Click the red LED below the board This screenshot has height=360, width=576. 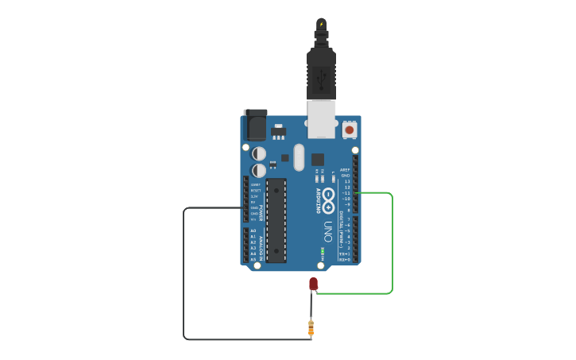point(313,284)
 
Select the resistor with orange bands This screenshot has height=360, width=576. point(311,327)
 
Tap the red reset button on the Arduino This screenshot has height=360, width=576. point(350,129)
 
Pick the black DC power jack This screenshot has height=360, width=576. point(256,124)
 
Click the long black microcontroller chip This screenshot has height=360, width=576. point(276,220)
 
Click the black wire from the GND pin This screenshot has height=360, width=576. point(184,278)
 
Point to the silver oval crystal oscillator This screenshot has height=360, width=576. point(299,157)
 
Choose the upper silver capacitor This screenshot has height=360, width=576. point(259,153)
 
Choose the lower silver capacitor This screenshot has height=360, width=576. point(259,170)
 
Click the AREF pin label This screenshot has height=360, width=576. point(345,169)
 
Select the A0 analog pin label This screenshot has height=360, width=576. point(253,230)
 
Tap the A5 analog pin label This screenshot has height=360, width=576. point(253,259)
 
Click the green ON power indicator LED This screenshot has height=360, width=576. point(322,252)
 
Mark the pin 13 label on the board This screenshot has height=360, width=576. point(346,181)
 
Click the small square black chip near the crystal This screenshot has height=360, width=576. point(318,159)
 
